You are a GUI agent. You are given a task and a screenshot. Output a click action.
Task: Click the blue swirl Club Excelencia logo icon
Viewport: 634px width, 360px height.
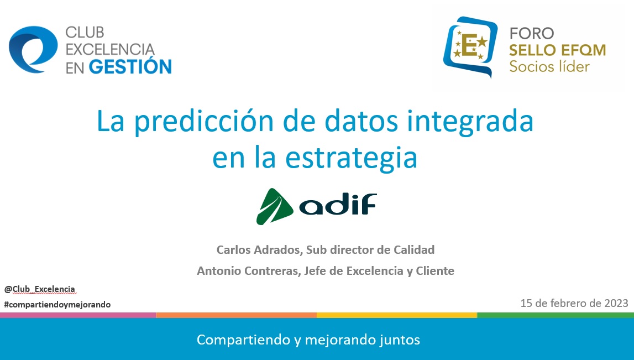(x=33, y=49)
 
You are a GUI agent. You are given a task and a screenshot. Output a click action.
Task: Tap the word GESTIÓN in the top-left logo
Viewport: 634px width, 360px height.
(x=130, y=67)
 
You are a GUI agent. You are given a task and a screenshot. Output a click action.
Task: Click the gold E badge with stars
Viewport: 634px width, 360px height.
(x=470, y=45)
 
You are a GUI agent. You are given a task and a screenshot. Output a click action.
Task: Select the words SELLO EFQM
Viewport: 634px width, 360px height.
(x=557, y=50)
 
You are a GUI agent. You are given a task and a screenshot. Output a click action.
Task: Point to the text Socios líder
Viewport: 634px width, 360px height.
(x=549, y=66)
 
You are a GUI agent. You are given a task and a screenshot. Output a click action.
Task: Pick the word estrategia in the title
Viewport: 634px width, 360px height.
(x=351, y=158)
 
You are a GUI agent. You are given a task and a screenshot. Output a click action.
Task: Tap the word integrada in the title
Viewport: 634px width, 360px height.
(x=470, y=122)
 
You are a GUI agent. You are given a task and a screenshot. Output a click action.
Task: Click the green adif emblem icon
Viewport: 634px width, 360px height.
(x=275, y=206)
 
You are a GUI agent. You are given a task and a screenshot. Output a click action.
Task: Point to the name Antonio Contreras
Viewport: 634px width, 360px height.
(x=248, y=270)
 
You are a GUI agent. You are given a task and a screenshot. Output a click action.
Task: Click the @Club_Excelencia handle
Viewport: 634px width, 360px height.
(x=40, y=289)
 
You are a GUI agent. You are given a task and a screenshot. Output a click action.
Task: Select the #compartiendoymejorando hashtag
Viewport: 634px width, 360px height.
(x=57, y=305)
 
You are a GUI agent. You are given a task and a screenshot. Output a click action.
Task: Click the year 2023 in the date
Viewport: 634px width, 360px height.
(x=616, y=303)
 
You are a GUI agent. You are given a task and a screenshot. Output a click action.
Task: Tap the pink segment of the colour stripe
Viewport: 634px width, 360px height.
(x=78, y=315)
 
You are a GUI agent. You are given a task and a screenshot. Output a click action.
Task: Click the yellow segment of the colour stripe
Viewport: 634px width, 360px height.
(x=397, y=315)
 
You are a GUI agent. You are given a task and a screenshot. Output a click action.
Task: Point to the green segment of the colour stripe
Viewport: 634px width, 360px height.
(x=556, y=315)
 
